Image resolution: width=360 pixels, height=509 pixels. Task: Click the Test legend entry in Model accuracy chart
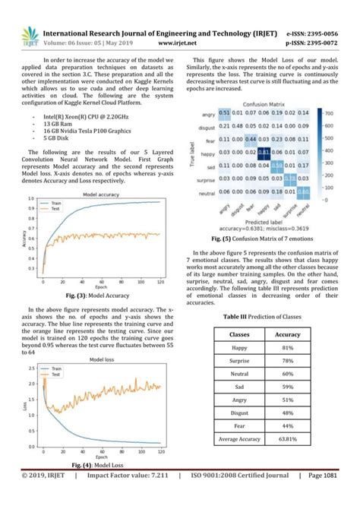coord(56,210)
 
